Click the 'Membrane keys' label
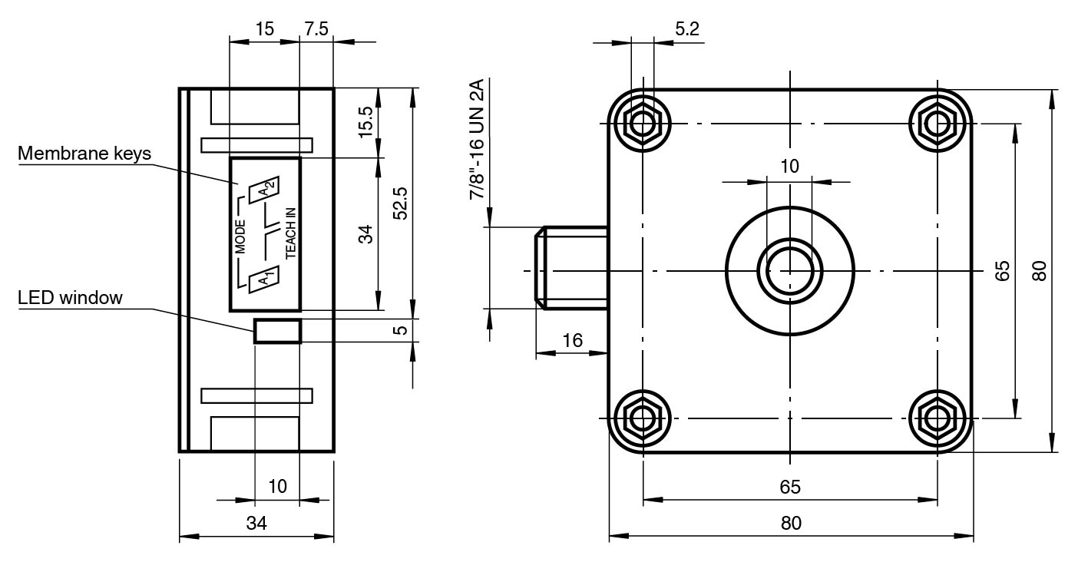(x=84, y=153)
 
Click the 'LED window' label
(x=70, y=297)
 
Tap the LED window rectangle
(x=277, y=331)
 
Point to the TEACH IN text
(x=291, y=233)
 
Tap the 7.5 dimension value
(x=316, y=29)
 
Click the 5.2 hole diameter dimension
(x=686, y=29)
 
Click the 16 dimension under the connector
(x=572, y=340)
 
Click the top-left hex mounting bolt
(x=643, y=121)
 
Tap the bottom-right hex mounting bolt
(x=937, y=418)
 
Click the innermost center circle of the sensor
(x=790, y=270)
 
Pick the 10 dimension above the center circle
(x=789, y=166)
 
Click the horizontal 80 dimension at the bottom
(x=791, y=523)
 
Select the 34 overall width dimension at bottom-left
(x=256, y=524)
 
